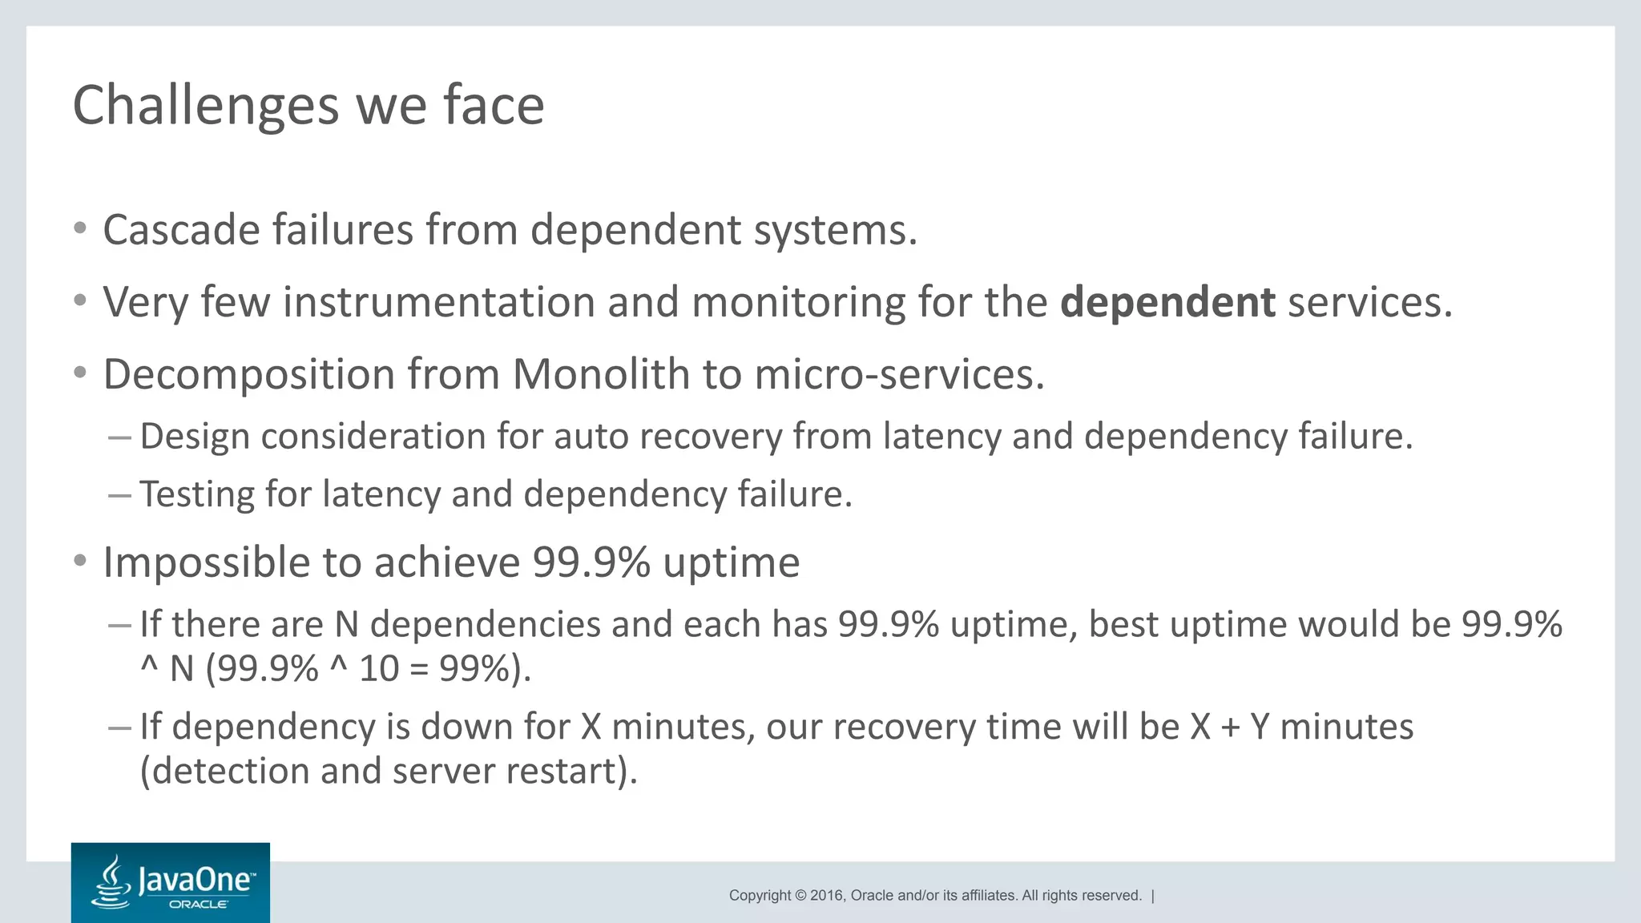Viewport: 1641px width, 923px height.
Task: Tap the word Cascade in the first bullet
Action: click(x=181, y=231)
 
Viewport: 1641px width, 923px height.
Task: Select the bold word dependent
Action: click(x=1167, y=303)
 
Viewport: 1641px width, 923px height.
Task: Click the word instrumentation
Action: click(x=438, y=303)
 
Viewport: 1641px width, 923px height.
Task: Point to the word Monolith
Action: click(x=601, y=375)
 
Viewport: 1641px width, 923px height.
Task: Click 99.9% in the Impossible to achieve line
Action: click(x=591, y=563)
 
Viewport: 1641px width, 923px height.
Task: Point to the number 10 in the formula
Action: click(x=378, y=668)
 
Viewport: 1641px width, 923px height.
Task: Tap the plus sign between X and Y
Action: click(x=1230, y=728)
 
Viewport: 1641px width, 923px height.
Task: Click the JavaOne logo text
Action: click(x=196, y=880)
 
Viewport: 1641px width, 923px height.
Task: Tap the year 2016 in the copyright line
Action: click(x=826, y=896)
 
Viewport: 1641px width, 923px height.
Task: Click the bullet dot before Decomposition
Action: click(x=79, y=373)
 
